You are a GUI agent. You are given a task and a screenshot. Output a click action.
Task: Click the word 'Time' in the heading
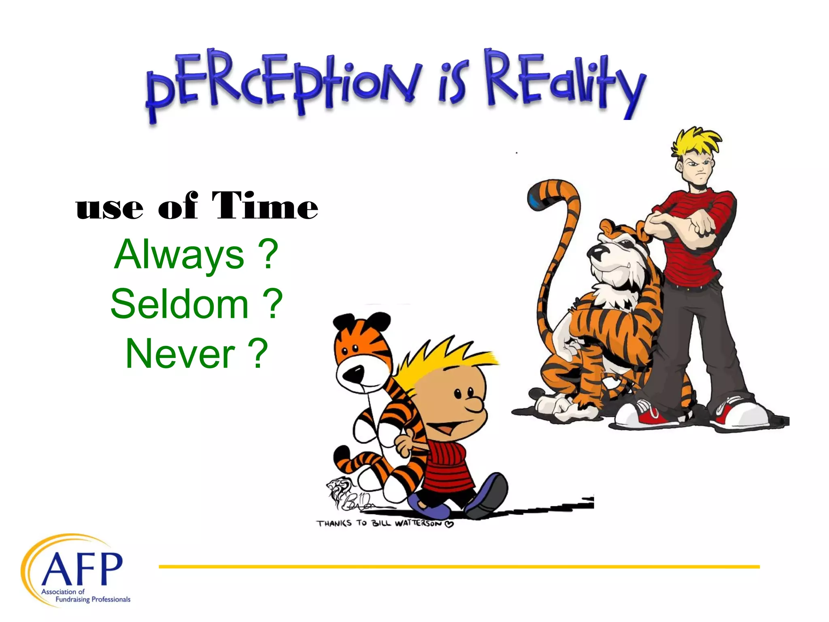[x=265, y=206]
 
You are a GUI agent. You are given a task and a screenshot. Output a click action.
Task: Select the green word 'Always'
[x=179, y=255]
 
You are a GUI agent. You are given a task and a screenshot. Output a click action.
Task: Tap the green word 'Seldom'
[x=179, y=304]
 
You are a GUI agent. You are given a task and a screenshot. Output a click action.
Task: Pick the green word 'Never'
[x=180, y=354]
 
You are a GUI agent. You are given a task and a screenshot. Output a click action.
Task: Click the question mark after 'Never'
[x=258, y=354]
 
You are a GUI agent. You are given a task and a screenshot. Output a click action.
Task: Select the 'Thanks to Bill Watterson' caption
[x=385, y=524]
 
